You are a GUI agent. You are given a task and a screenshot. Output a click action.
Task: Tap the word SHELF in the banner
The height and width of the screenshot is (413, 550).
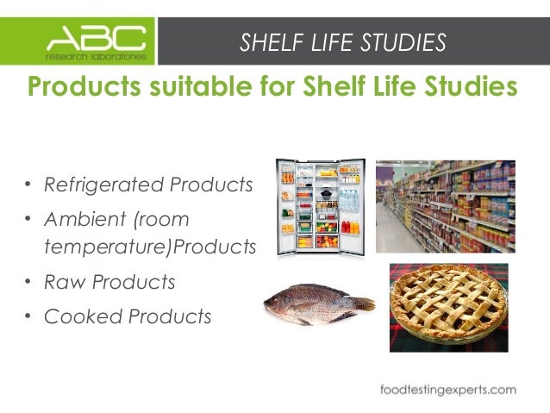pyautogui.click(x=267, y=41)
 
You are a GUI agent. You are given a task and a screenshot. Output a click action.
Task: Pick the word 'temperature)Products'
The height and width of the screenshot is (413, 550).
pyautogui.click(x=150, y=248)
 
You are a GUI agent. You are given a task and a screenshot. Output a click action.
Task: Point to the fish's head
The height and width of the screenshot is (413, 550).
pyautogui.click(x=280, y=304)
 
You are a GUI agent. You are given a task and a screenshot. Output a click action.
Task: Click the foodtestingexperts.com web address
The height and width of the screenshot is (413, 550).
pyautogui.click(x=448, y=389)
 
